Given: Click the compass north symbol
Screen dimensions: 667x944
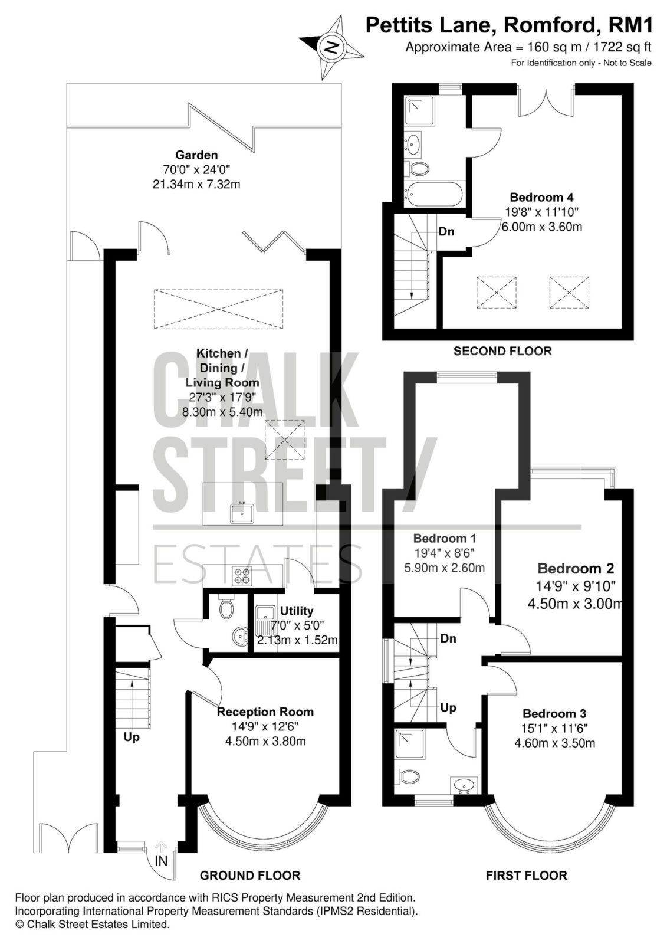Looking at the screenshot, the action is (x=331, y=47).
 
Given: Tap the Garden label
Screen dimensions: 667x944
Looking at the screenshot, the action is (x=196, y=155).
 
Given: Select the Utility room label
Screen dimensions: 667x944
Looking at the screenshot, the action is (x=297, y=611).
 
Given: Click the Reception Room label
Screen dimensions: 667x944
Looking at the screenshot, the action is (x=265, y=712).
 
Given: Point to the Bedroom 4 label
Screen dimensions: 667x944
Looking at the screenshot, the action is (x=541, y=197).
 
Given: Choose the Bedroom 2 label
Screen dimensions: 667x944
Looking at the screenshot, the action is (x=576, y=569).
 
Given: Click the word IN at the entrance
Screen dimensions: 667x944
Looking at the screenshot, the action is (x=161, y=861).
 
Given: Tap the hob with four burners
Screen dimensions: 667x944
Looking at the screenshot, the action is (x=242, y=576).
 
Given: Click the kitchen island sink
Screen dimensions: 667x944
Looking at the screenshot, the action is (x=242, y=513).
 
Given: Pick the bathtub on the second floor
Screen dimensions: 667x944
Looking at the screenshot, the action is (x=433, y=195).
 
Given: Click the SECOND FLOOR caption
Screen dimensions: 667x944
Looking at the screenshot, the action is (x=502, y=351).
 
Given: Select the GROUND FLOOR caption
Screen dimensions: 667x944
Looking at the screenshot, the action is (x=250, y=876).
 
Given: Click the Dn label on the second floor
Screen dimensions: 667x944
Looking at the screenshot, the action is (x=446, y=231).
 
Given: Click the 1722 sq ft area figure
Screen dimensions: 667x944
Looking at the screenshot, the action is (x=616, y=47).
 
